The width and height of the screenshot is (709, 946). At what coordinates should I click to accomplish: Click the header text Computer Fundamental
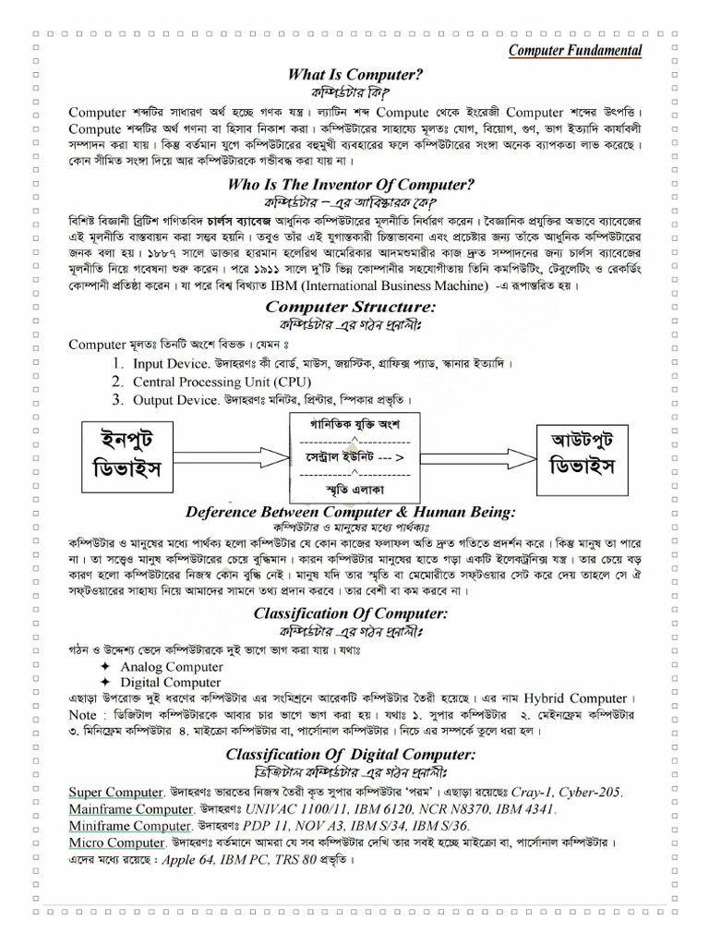click(576, 50)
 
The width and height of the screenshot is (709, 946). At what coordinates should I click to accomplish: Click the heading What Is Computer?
click(355, 75)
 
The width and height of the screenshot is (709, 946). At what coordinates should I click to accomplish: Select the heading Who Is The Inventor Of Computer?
click(351, 185)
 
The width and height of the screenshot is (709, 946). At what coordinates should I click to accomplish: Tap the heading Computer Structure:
click(351, 306)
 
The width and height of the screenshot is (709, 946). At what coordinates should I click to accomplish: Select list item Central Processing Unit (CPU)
click(222, 382)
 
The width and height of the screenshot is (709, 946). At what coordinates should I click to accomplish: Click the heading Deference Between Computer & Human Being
click(351, 512)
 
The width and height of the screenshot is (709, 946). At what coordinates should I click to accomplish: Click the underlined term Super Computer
click(116, 792)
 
